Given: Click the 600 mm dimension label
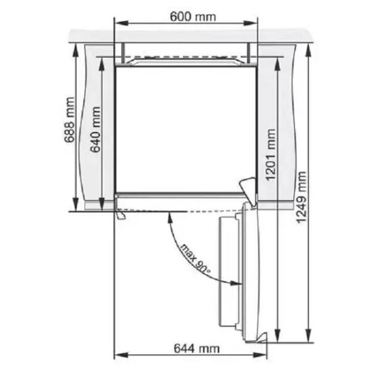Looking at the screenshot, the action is (192, 17).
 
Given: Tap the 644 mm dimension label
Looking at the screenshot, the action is (197, 348).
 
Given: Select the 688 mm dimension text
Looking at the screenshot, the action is (69, 120).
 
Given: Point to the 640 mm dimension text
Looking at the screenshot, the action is (96, 129).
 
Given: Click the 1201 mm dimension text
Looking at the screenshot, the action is (271, 155).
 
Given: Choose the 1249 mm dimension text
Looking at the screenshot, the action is (302, 197).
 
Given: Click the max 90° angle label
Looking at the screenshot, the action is (195, 259).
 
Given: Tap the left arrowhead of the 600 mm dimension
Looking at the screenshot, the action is (121, 23).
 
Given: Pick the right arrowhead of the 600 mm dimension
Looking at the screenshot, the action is (250, 23).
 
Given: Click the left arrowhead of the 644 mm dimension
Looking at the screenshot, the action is (121, 355).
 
